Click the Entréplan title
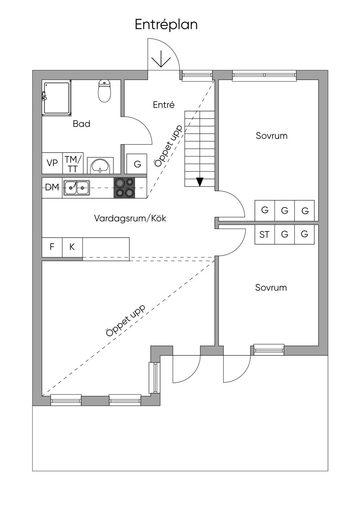(x=166, y=25)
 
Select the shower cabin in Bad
(x=56, y=98)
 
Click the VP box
(x=52, y=163)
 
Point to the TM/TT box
(x=73, y=163)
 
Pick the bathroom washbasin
(x=100, y=165)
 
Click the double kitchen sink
(x=76, y=188)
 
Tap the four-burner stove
(x=124, y=188)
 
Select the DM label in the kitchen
(x=52, y=188)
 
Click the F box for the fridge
(x=52, y=247)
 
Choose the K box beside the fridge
(x=72, y=247)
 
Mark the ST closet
(x=264, y=234)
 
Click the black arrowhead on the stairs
(x=200, y=182)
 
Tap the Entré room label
(x=164, y=105)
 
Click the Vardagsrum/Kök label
(x=130, y=218)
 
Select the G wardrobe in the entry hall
(x=137, y=164)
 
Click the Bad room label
(x=82, y=124)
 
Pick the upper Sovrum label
(x=271, y=136)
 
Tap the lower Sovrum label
(x=271, y=288)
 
